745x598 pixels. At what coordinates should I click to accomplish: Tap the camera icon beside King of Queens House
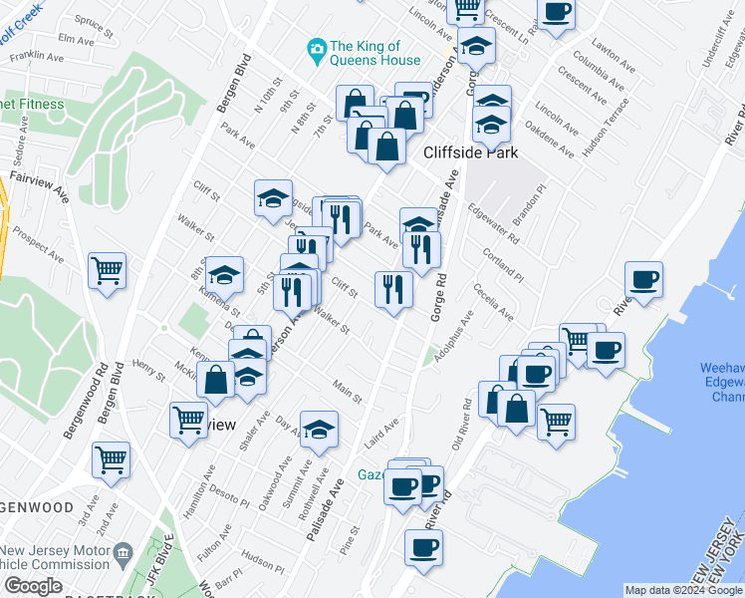[x=317, y=48]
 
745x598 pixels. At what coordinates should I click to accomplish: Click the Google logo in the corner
[x=33, y=585]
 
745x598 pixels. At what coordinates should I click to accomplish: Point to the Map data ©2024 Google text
[x=682, y=590]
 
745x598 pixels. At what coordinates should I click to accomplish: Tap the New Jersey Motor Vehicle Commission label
[x=56, y=559]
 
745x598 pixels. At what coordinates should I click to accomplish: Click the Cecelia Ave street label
[x=494, y=303]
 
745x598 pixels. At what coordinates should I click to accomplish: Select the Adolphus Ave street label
[x=453, y=338]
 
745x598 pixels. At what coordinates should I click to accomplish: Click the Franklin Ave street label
[x=32, y=58]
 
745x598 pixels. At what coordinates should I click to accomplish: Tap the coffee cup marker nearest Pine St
[x=423, y=548]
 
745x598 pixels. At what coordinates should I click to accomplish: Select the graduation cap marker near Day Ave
[x=319, y=430]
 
